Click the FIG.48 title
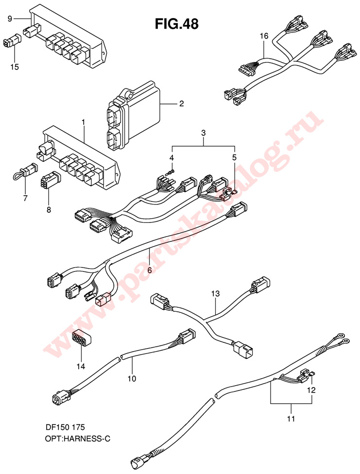click(x=177, y=24)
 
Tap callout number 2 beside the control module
click(x=182, y=104)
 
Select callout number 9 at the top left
click(x=10, y=19)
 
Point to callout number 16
click(x=264, y=36)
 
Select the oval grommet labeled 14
click(x=82, y=338)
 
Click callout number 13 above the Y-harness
click(x=216, y=293)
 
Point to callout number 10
click(x=132, y=378)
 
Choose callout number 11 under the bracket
click(x=291, y=419)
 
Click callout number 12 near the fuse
click(x=311, y=390)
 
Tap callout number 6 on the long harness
click(x=150, y=270)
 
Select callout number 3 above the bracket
click(x=204, y=133)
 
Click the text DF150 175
click(x=64, y=427)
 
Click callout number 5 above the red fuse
click(x=235, y=157)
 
